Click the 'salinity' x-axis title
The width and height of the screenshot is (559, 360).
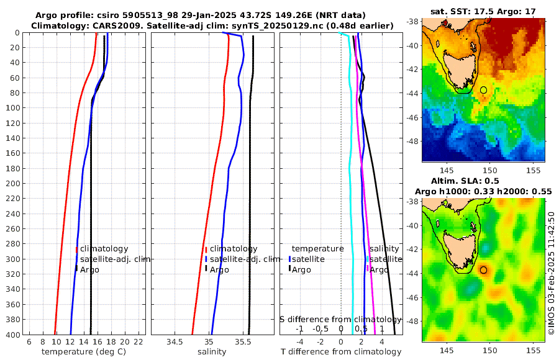click(211, 352)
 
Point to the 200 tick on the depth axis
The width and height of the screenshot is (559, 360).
click(14, 183)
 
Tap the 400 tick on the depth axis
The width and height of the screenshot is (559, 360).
click(14, 335)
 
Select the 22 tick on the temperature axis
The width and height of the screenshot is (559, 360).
click(138, 342)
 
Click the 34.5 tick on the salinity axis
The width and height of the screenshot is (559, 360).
click(175, 342)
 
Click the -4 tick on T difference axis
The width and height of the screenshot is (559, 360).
click(299, 342)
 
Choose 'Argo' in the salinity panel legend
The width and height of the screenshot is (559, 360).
click(219, 269)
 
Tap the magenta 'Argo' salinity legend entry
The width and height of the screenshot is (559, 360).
click(379, 269)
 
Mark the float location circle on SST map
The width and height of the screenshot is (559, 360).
click(484, 90)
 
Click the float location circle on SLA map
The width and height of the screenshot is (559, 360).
click(484, 270)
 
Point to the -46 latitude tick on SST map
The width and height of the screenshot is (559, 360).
click(413, 117)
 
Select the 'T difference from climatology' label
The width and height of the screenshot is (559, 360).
click(341, 352)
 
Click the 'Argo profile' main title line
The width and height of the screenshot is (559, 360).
click(200, 15)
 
